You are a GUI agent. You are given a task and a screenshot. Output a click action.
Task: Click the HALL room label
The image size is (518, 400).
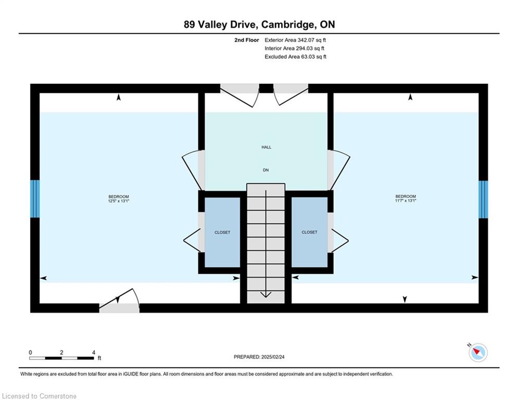pos(266,147)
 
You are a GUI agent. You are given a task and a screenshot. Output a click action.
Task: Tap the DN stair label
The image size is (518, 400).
pos(266,170)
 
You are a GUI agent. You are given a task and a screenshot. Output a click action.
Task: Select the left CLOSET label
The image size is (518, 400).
pos(222,232)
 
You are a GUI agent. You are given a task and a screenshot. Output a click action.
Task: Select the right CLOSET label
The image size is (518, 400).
pos(310,232)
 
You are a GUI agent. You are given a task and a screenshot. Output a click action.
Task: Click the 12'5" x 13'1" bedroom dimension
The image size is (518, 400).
pos(119,201)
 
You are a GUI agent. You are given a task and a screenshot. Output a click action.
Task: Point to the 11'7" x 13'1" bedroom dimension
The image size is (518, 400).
pos(406,201)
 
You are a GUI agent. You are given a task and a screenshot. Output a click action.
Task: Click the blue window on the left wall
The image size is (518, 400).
pos(35,198)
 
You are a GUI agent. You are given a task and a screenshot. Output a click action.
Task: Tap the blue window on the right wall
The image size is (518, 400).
pos(483,199)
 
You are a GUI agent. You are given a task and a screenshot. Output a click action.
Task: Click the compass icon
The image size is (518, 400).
pos(478,353)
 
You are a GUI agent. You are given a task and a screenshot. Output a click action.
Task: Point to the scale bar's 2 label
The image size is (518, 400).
pos(61,353)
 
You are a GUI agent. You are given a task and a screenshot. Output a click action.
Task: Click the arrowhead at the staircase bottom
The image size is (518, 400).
pos(266,294)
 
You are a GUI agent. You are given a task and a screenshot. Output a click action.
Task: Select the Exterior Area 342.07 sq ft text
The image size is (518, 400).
pos(295,40)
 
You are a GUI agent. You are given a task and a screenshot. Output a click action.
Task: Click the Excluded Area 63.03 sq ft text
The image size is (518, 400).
pos(295,57)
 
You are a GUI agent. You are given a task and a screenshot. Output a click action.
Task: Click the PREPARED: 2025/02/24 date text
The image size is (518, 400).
pos(259,357)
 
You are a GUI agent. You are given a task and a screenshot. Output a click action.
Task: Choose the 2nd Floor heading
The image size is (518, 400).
pos(247,40)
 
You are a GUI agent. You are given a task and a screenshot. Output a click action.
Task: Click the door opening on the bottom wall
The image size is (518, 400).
pos(119,308)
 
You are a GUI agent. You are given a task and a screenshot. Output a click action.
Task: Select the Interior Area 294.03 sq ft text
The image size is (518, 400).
pos(294,48)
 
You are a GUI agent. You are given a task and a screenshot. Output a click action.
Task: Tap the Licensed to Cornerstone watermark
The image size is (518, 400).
pos(39,396)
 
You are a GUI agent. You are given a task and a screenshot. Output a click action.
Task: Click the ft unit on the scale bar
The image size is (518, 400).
pos(99,358)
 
